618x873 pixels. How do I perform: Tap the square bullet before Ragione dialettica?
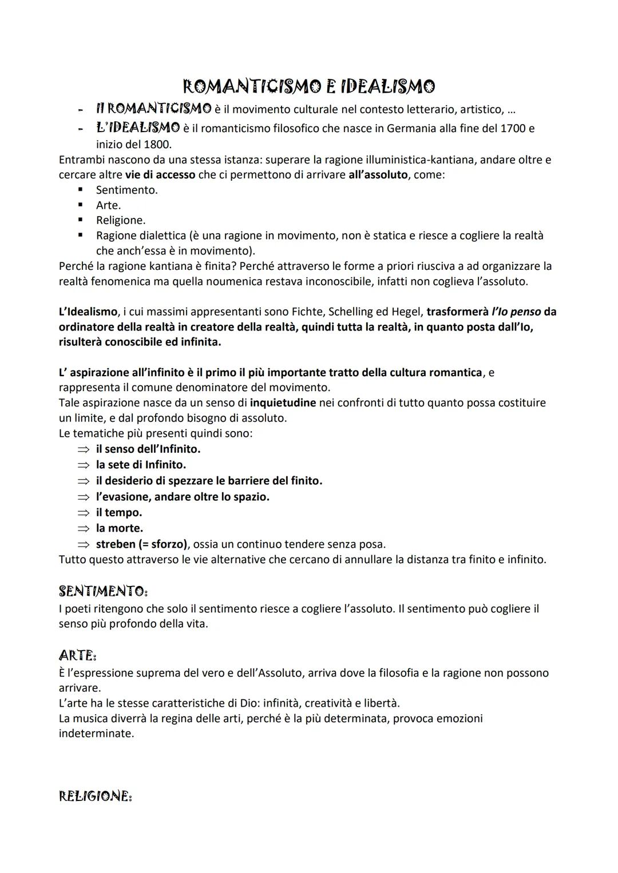81,236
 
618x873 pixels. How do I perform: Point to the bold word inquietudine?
283,402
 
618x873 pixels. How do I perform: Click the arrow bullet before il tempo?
84,513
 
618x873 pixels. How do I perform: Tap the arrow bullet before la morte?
84,528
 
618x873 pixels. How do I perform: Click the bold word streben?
116,544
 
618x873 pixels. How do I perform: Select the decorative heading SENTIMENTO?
104,591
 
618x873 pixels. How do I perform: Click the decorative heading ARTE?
78,655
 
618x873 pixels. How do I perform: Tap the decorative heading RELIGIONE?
96,796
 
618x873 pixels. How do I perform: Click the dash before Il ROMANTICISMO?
81,109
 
